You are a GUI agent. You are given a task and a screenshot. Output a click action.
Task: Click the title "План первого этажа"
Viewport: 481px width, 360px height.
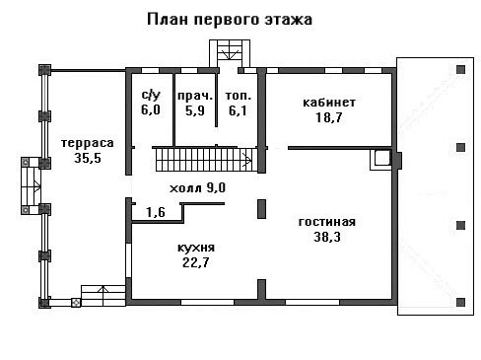(230, 20)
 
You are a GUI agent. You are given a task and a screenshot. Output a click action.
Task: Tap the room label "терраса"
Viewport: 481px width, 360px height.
(88, 144)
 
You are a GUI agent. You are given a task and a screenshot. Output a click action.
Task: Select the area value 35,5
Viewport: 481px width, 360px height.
(88, 158)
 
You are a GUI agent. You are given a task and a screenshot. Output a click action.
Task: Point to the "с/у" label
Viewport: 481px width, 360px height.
(151, 95)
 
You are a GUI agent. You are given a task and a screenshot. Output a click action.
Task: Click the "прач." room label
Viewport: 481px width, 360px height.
(195, 97)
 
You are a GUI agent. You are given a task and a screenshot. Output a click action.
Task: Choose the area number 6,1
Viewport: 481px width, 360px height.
(238, 110)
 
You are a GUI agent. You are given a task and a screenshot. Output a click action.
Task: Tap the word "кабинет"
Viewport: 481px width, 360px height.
(329, 103)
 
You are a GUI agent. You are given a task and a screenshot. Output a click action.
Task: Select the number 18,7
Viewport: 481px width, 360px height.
(329, 117)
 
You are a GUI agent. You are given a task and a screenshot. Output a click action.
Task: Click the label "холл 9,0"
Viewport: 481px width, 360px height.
(197, 188)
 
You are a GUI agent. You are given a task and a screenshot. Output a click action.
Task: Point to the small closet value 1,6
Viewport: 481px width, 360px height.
(156, 212)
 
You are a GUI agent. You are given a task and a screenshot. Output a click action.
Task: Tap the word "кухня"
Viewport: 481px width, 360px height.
(196, 248)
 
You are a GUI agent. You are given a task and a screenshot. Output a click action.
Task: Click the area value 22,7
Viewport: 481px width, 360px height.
(196, 262)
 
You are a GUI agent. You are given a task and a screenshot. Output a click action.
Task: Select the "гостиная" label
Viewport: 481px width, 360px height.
(327, 222)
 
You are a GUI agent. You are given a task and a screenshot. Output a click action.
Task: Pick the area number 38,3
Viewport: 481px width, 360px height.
(327, 237)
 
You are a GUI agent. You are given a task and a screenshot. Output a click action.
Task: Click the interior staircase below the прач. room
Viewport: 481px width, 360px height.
(204, 160)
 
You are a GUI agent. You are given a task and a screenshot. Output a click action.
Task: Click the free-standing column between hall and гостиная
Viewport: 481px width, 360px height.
(261, 209)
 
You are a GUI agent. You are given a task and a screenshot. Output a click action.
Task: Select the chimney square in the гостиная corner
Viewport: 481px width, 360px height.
(381, 160)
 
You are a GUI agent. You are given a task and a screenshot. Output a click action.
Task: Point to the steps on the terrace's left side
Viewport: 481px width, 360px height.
(31, 186)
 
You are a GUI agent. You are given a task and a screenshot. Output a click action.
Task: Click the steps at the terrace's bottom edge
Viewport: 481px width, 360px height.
(103, 296)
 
